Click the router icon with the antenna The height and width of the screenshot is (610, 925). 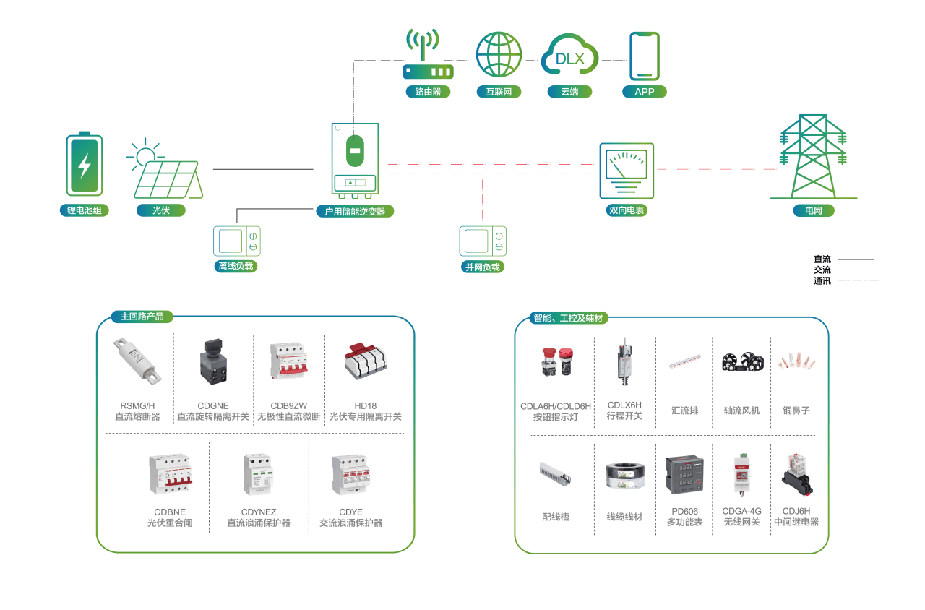point(428,53)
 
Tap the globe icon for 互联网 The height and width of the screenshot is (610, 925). point(499,54)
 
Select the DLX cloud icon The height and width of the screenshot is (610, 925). point(569,53)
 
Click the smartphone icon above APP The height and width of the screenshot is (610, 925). point(644,56)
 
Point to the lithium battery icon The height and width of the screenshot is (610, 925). point(85,164)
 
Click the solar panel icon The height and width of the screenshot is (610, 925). point(165,169)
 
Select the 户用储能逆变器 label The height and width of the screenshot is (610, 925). point(355,212)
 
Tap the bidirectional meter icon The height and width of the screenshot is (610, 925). point(627,171)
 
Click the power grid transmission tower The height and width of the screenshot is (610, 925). point(813,157)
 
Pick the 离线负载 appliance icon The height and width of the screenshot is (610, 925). point(236,241)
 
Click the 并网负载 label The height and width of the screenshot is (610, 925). point(482,267)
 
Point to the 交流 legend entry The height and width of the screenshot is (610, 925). point(822,270)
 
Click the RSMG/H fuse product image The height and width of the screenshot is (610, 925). point(137,361)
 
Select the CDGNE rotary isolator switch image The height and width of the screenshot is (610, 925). point(213,362)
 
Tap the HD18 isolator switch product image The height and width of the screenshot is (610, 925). point(366,361)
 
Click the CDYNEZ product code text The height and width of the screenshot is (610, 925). point(259,512)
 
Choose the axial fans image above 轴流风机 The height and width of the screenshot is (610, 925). point(742,362)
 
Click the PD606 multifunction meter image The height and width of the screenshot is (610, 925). point(684,475)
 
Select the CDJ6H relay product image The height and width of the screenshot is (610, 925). point(796,475)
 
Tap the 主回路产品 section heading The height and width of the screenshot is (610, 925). point(142,317)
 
